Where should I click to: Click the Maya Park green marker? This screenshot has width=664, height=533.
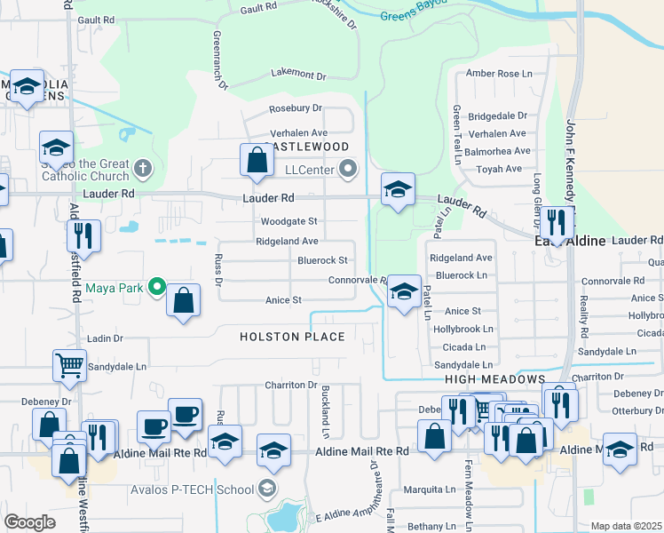pyautogui.click(x=157, y=286)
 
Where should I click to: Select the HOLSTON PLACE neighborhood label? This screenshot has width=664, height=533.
pyautogui.click(x=292, y=337)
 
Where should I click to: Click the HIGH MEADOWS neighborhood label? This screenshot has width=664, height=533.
pyautogui.click(x=494, y=379)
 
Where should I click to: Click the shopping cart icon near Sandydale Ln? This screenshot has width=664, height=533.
pyautogui.click(x=70, y=364)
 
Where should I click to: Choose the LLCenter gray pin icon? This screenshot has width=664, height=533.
pyautogui.click(x=349, y=167)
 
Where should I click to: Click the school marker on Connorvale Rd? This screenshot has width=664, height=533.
pyautogui.click(x=404, y=290)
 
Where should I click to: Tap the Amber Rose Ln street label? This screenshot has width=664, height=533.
pyautogui.click(x=499, y=73)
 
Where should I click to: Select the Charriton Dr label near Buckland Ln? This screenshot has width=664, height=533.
pyautogui.click(x=290, y=385)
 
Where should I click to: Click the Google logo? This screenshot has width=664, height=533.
pyautogui.click(x=30, y=522)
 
